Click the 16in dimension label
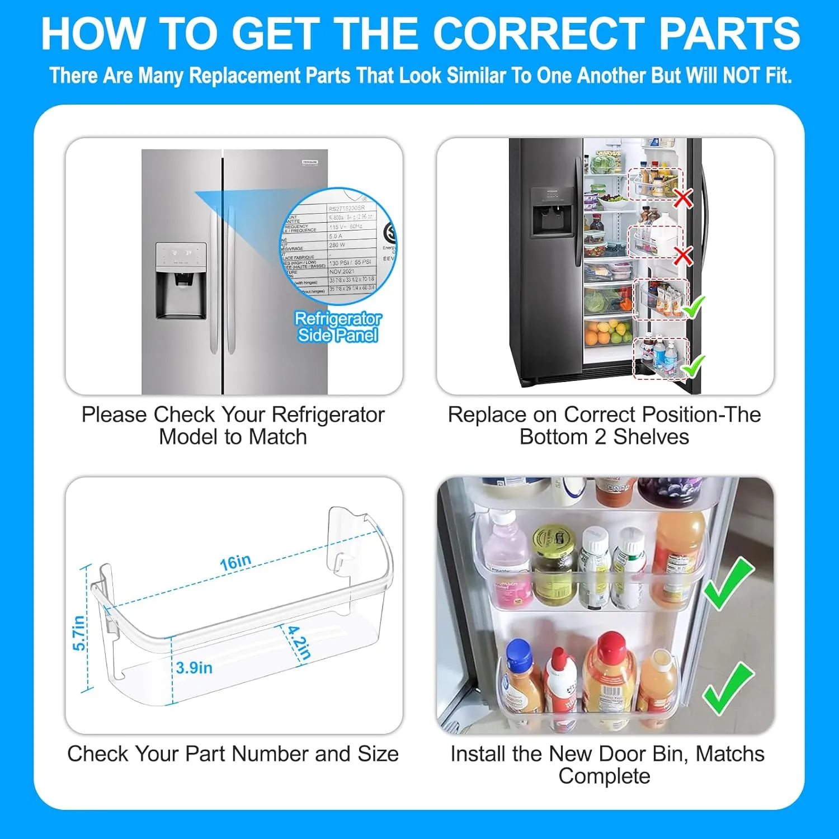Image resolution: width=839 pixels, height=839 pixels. tap(235, 562)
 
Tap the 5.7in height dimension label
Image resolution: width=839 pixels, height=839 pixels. tap(79, 633)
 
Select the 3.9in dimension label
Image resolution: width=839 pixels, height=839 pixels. tap(194, 667)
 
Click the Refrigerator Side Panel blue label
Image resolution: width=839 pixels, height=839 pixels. tap(338, 327)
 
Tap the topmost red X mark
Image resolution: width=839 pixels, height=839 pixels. tap(682, 198)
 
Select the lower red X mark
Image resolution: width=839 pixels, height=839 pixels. tap(682, 256)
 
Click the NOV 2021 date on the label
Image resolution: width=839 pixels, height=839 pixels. tap(342, 271)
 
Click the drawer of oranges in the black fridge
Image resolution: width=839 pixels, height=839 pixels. tap(607, 333)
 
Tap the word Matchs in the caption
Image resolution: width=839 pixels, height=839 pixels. tap(729, 754)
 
